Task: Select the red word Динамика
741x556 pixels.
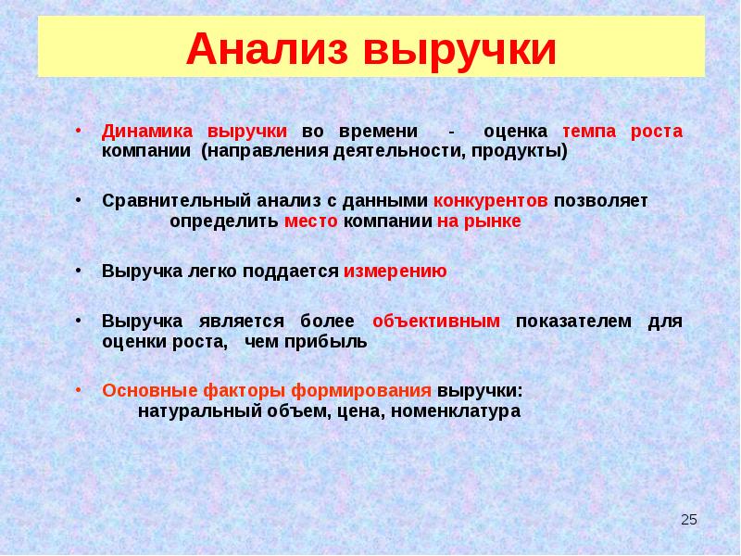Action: click(148, 132)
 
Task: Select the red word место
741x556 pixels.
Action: click(311, 222)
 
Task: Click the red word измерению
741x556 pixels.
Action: click(396, 272)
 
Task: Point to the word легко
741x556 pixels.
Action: click(207, 272)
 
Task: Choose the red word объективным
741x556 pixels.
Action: click(436, 322)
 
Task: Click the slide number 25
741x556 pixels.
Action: click(688, 520)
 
